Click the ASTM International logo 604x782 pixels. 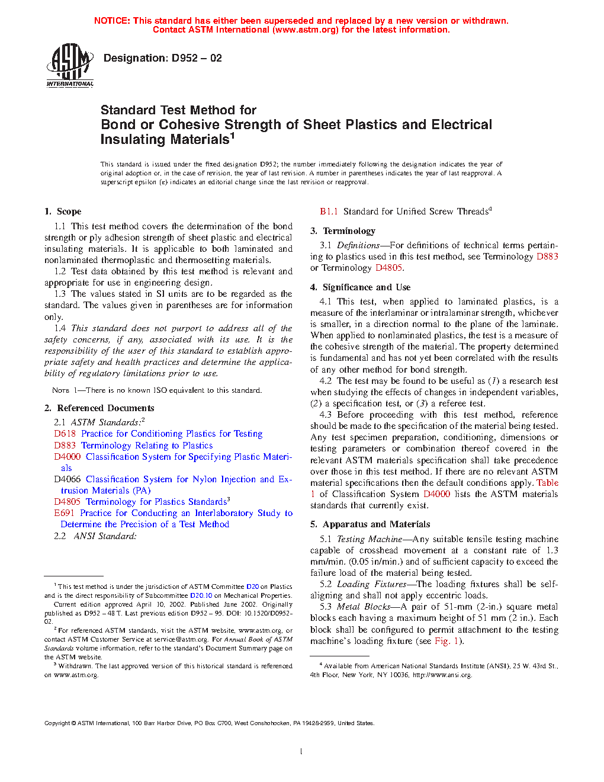70,66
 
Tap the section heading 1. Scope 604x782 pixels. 63,211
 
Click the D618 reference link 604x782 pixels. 65,434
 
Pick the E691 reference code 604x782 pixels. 64,513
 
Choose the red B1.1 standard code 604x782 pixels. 329,211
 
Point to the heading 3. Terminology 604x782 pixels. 343,231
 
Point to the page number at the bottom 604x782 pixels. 301,752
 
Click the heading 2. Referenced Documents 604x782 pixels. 99,408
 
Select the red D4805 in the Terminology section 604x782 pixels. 388,268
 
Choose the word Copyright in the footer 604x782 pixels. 57,723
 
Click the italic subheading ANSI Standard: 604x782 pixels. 105,536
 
